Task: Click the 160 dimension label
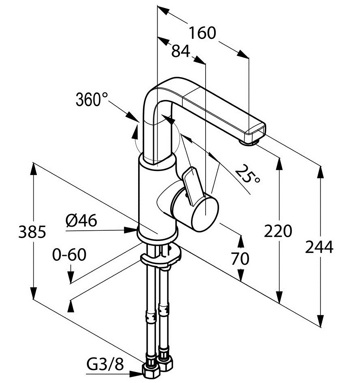click(202, 33)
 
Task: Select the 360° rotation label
click(92, 99)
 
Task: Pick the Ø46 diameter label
click(81, 221)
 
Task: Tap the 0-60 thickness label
click(69, 255)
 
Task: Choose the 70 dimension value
click(240, 258)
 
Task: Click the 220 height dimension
click(278, 232)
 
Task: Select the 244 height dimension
click(320, 247)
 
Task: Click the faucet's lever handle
click(191, 182)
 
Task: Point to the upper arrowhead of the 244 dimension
click(321, 171)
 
